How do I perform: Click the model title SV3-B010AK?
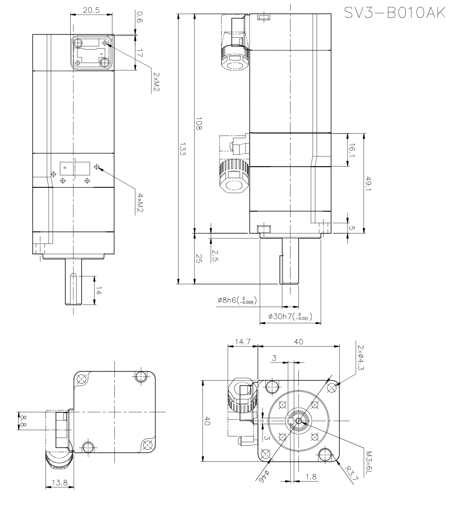[395, 13]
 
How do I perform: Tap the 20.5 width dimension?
[91, 10]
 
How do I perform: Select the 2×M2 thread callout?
[157, 82]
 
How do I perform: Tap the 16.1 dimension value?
[352, 150]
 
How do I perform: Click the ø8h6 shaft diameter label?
[237, 300]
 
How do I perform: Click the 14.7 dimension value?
[242, 342]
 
